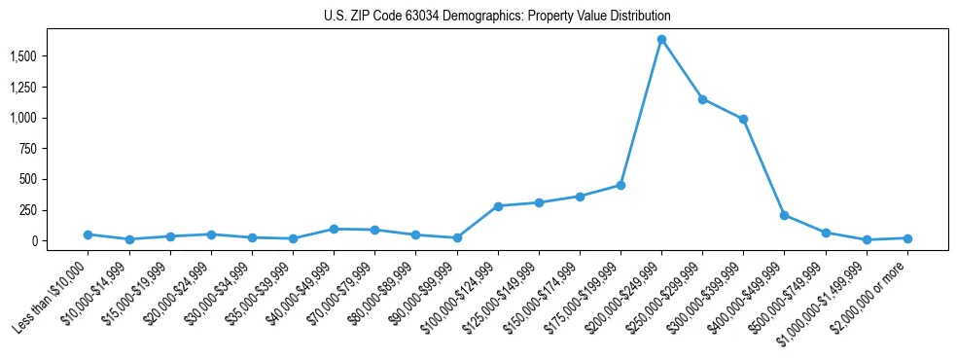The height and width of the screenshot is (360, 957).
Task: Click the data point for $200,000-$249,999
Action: click(661, 40)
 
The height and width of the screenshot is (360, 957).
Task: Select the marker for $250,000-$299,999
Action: click(702, 99)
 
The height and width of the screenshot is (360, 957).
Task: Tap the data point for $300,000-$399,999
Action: click(743, 119)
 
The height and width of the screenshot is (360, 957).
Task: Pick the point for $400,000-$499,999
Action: click(784, 215)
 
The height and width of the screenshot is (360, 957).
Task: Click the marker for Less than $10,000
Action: click(89, 234)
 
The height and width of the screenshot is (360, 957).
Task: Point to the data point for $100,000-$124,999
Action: click(498, 206)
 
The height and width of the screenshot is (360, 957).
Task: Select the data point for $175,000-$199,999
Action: click(620, 185)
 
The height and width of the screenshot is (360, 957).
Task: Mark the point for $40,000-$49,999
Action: click(334, 229)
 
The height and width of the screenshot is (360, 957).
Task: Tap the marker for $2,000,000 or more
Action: click(906, 238)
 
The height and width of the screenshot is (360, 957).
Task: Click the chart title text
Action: click(497, 17)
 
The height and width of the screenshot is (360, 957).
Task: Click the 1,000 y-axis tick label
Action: click(44, 118)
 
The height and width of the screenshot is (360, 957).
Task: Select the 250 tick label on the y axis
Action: click(50, 210)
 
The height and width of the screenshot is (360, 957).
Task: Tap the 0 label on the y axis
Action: click(57, 240)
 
